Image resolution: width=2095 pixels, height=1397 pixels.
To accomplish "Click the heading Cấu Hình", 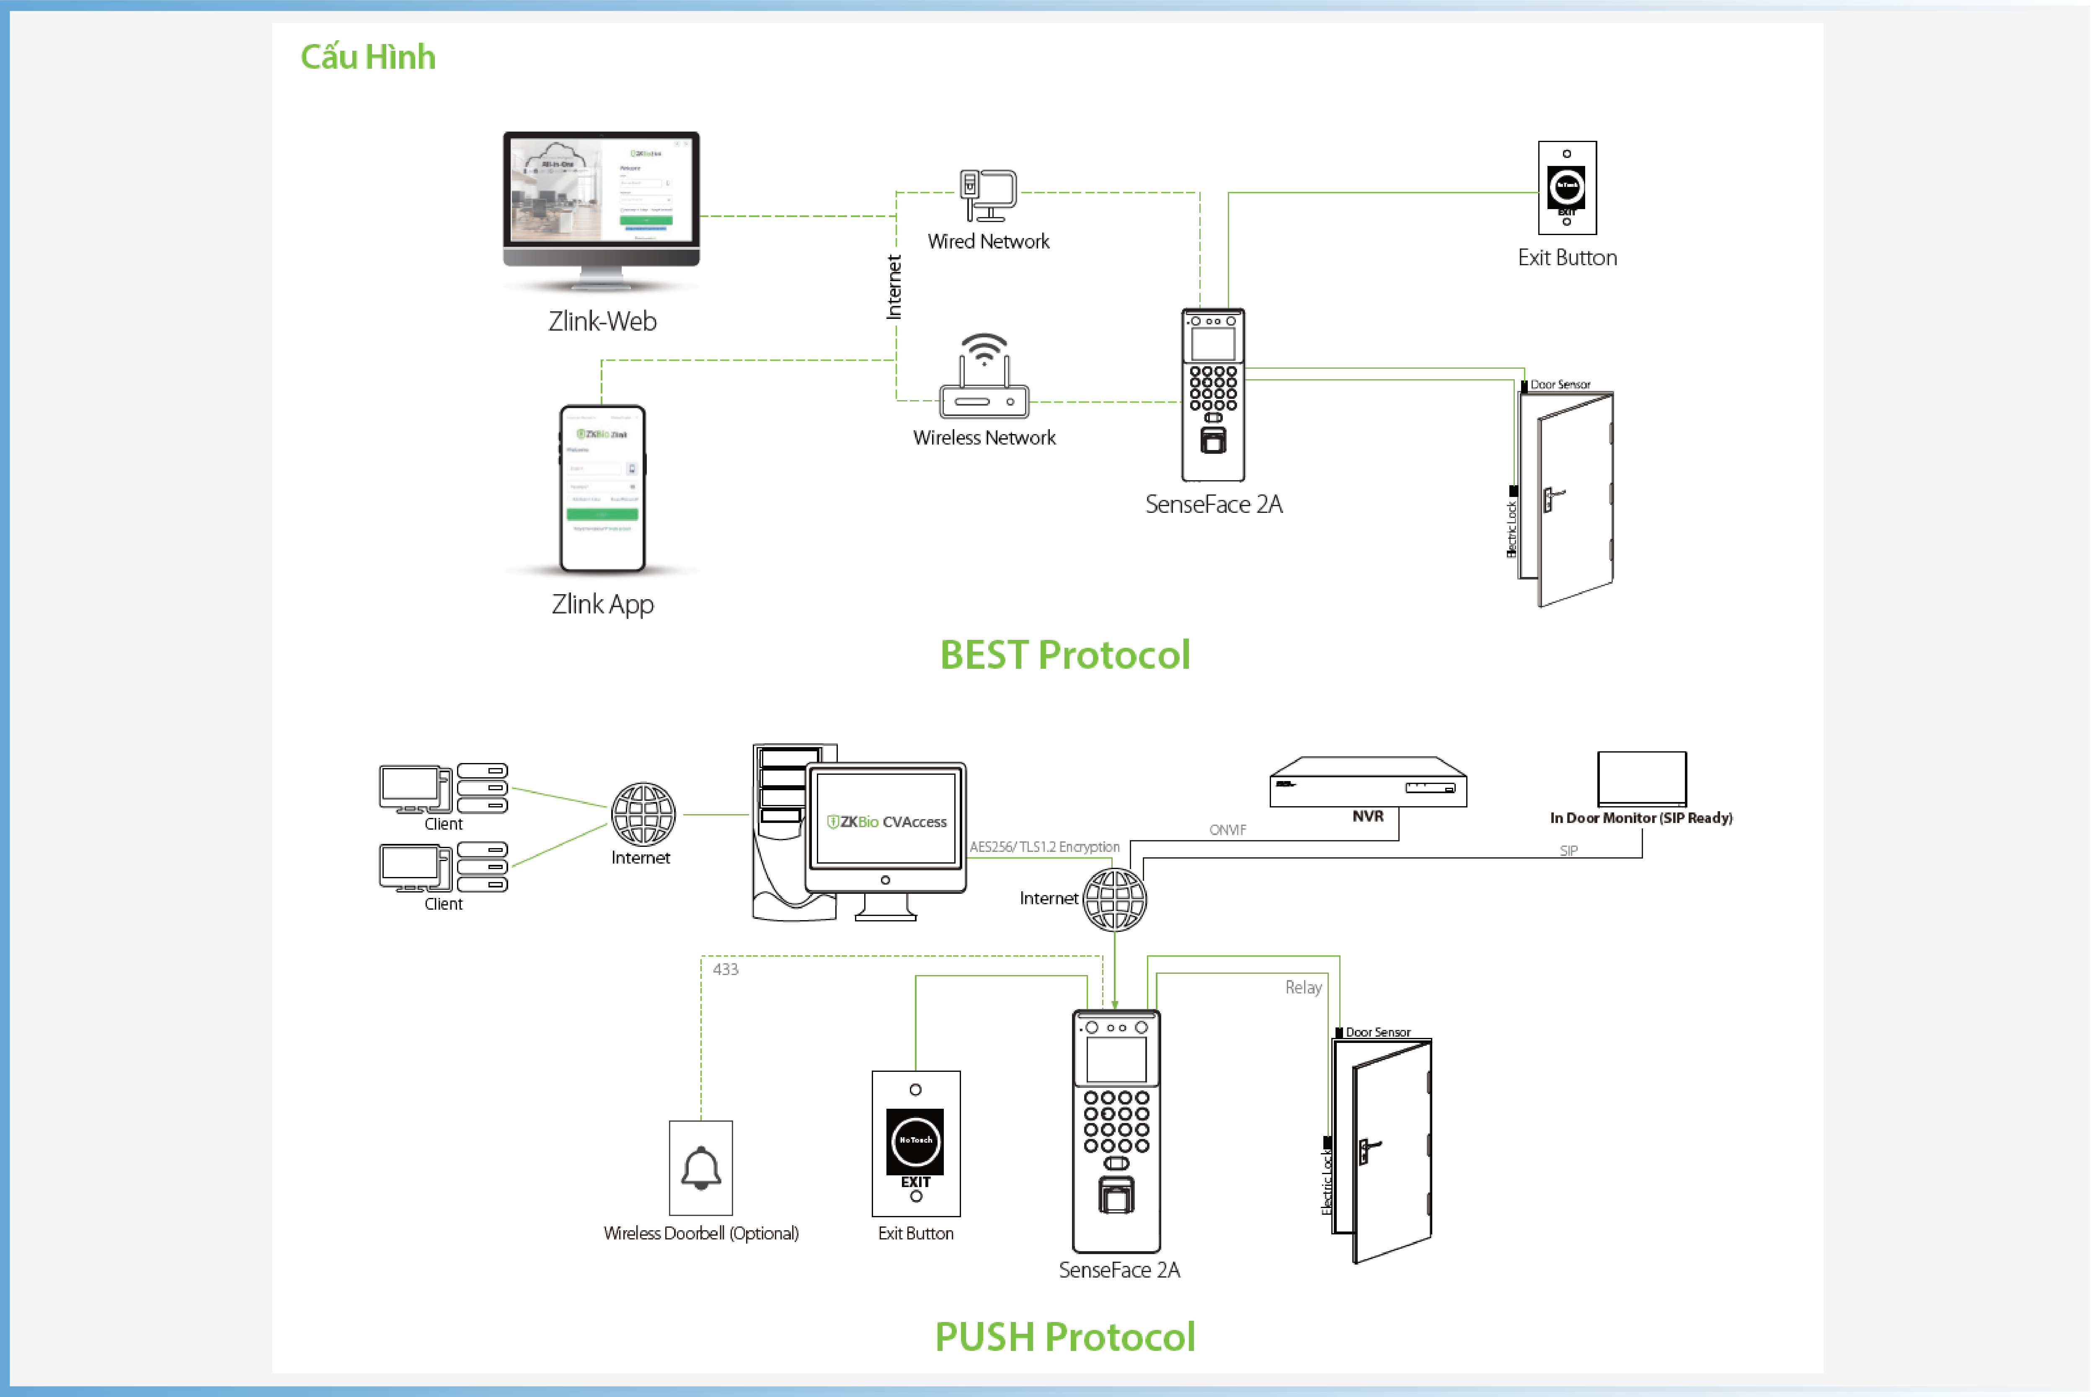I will tap(368, 57).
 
